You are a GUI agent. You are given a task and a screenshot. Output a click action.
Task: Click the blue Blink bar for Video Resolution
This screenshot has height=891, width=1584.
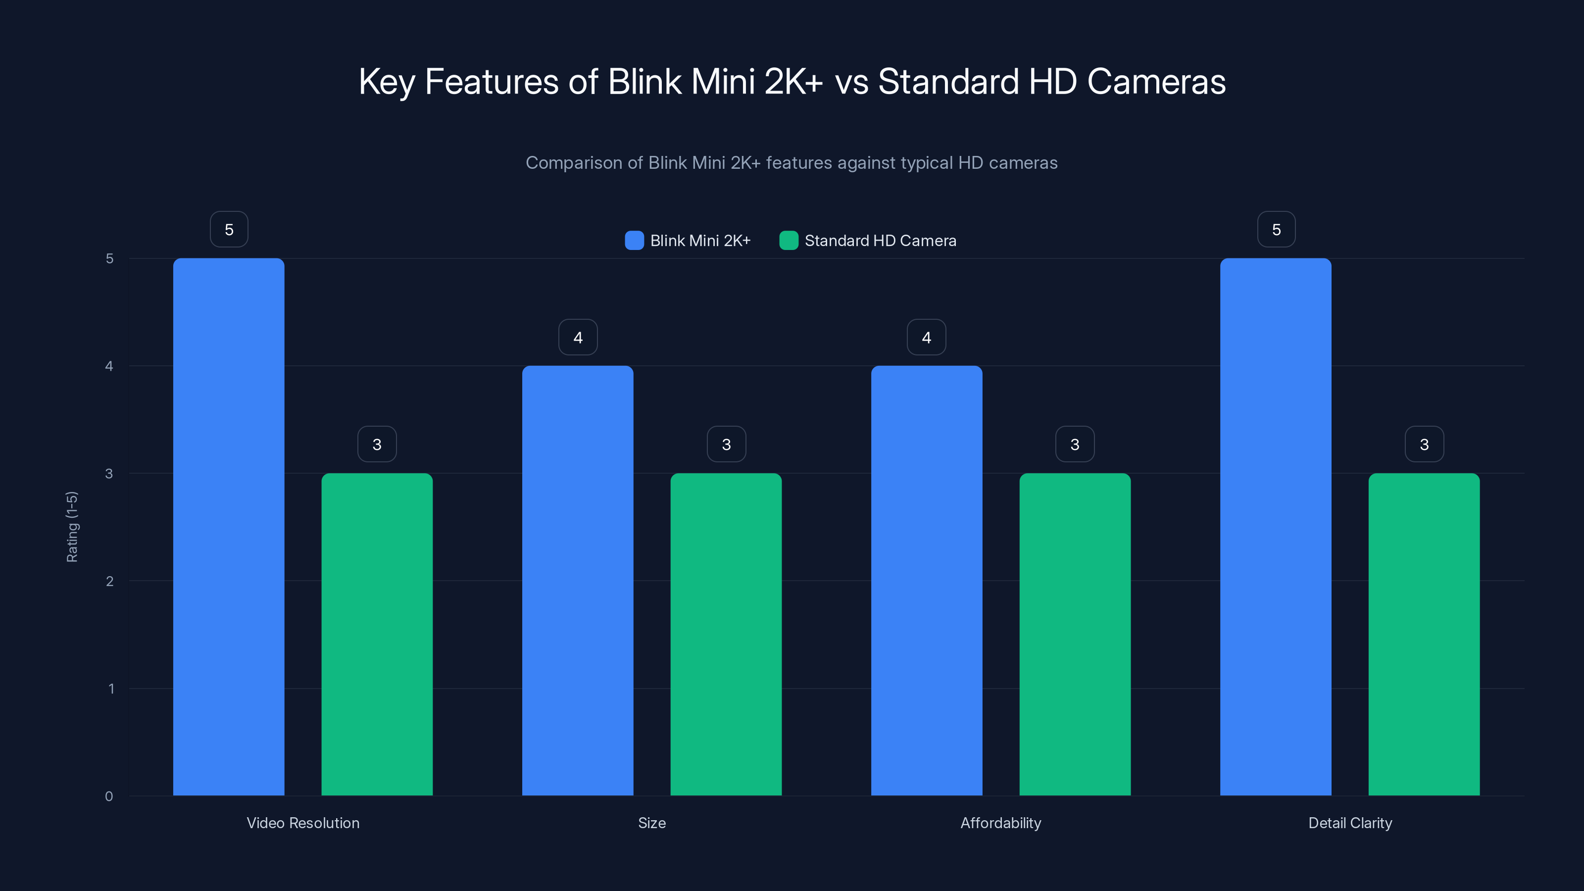click(229, 527)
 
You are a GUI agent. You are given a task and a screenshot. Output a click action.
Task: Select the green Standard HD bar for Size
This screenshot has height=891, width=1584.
click(726, 634)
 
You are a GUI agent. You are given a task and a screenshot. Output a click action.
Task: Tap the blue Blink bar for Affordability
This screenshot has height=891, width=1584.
click(927, 581)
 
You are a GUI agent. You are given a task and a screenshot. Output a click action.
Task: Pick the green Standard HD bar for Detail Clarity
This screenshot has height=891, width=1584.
click(1424, 634)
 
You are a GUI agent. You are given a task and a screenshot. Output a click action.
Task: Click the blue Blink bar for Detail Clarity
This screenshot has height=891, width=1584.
click(1276, 527)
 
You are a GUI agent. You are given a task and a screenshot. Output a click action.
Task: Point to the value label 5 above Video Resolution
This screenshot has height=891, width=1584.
click(229, 229)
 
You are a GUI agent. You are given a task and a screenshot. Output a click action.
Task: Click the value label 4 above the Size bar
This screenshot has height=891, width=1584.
click(578, 337)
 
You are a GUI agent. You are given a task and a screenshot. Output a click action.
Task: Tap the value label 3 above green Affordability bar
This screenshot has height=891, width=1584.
click(1075, 444)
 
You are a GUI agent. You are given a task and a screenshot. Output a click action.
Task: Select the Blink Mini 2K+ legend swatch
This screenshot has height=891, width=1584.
click(634, 241)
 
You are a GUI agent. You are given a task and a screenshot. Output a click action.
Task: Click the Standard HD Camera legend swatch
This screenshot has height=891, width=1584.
click(789, 241)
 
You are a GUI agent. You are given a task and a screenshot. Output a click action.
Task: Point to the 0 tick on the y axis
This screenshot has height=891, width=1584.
click(109, 796)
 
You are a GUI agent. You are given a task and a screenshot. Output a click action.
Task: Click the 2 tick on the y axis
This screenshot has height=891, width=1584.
click(109, 581)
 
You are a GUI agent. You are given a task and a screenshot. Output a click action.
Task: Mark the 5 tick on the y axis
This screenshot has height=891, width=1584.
click(109, 258)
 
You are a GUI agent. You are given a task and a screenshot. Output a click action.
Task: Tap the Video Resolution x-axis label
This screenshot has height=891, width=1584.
click(303, 823)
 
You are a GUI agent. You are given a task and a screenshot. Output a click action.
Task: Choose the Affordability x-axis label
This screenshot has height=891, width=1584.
click(1000, 823)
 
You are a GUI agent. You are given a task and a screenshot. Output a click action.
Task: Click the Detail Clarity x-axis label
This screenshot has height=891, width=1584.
click(1350, 823)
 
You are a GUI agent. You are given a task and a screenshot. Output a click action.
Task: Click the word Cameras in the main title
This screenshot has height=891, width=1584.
click(1156, 82)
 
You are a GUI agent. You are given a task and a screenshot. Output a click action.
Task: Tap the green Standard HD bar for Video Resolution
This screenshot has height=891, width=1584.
click(377, 634)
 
